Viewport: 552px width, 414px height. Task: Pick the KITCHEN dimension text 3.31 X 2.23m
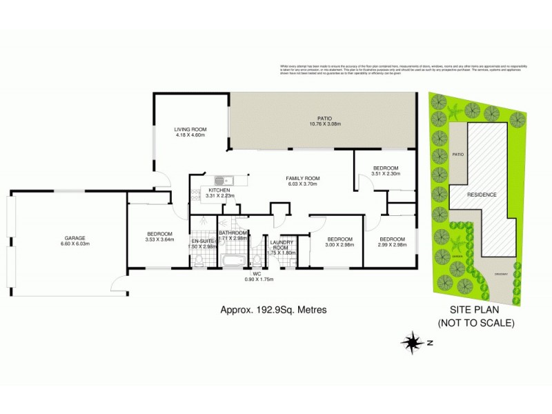[220, 196]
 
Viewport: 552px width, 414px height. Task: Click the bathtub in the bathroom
[233, 262]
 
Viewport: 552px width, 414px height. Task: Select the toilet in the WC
[256, 260]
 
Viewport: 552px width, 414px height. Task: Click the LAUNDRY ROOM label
[282, 247]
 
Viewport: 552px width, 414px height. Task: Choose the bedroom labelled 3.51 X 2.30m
[386, 171]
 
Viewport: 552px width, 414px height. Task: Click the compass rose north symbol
[413, 342]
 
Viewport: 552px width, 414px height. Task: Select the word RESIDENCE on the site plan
[482, 195]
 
